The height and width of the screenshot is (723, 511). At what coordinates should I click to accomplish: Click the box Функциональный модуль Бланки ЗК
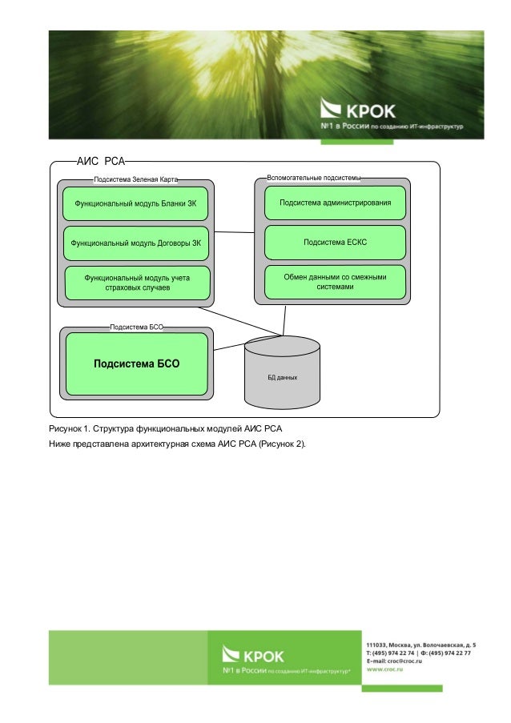coord(135,204)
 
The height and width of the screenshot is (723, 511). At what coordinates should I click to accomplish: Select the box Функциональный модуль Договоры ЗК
coord(135,242)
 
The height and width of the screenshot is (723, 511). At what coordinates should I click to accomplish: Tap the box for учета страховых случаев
coord(138,283)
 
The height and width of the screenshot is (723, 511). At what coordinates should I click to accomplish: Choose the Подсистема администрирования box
coord(335,203)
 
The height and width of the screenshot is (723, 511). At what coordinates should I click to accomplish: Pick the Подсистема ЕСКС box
coord(335,241)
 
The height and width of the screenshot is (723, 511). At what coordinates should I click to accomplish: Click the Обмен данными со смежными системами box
coord(335,282)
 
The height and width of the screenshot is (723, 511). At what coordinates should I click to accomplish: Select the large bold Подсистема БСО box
coord(137,364)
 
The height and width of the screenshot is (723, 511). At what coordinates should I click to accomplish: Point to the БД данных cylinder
coord(282,370)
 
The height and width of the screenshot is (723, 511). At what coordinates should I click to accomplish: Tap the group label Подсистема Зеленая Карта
coord(136,180)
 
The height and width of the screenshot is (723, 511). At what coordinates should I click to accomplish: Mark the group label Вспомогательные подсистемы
coord(313,176)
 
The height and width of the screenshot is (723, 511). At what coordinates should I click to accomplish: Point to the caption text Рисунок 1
coord(69,430)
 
